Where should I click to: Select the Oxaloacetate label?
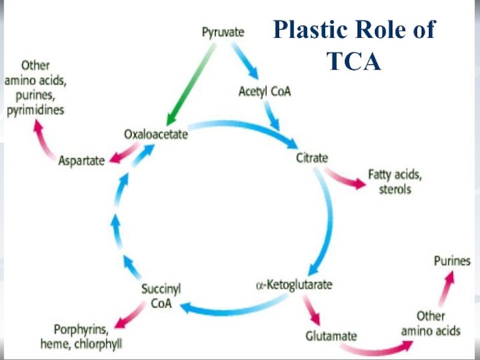point(156,134)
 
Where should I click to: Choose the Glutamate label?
point(332,336)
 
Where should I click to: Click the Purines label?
point(452,262)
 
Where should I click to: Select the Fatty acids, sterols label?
point(390,182)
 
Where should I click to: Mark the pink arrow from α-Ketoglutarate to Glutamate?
point(312,310)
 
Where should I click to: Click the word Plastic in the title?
point(313,30)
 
